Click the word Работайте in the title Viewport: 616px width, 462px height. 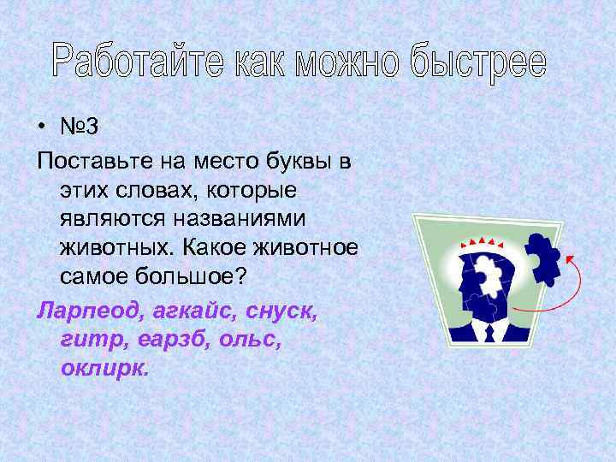[132, 60]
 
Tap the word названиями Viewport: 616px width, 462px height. [245, 218]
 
